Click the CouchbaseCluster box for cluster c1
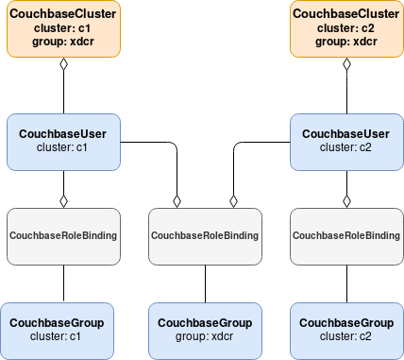click(x=62, y=28)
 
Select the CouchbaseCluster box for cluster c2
click(x=346, y=28)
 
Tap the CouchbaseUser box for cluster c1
click(x=62, y=141)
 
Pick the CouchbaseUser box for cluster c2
click(x=346, y=141)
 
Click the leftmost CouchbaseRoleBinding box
click(x=62, y=234)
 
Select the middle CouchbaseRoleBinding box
click(x=205, y=234)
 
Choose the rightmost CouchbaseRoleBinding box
click(x=346, y=234)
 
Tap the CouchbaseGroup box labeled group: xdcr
click(x=205, y=330)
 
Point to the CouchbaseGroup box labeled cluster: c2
click(x=346, y=330)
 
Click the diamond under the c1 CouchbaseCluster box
click(x=62, y=65)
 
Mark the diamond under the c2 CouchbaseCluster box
click(x=346, y=65)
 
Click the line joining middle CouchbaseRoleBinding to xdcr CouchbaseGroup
click(x=205, y=283)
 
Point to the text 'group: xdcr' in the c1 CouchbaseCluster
click(x=62, y=42)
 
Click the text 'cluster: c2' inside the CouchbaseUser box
click(x=346, y=147)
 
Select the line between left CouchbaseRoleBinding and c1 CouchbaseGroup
click(x=62, y=283)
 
